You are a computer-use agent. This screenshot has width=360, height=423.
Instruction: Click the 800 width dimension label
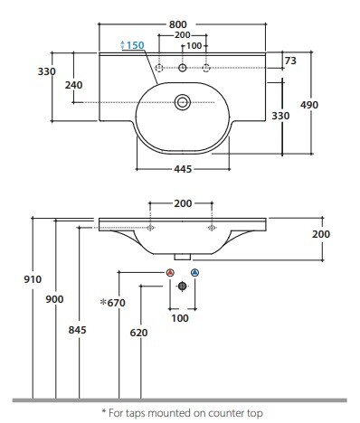(x=178, y=24)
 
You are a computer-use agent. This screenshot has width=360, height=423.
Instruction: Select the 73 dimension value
(x=290, y=61)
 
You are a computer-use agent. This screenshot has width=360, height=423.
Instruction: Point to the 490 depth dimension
(x=309, y=105)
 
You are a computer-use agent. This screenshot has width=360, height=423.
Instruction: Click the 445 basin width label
(x=183, y=169)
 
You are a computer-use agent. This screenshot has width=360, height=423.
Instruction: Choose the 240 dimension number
(x=74, y=85)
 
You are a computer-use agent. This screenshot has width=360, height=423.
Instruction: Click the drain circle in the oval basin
(x=183, y=102)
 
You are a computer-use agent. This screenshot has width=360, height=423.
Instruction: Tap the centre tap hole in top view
(x=183, y=68)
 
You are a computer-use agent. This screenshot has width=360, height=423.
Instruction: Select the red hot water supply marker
(x=170, y=273)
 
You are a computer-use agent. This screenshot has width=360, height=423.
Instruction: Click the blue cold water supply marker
(x=195, y=273)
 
